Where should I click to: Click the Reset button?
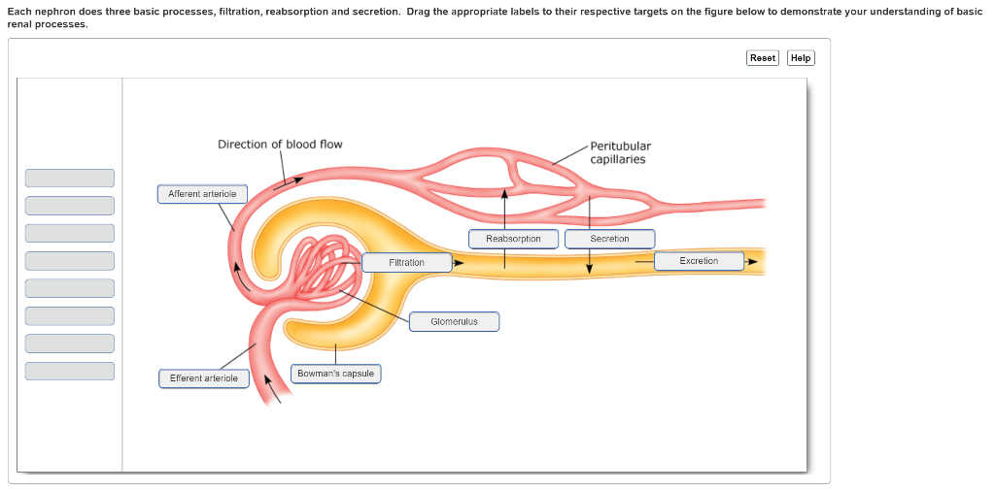coord(763,58)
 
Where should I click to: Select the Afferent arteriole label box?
coord(202,194)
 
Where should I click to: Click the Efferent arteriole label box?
coord(203,378)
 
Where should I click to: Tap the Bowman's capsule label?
coord(335,374)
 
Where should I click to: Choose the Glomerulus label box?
coord(454,321)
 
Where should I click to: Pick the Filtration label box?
coord(406,263)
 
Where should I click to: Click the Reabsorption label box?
coord(513,239)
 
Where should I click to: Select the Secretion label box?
coord(609,239)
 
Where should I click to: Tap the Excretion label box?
coord(699,261)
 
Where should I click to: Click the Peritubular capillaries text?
coord(620,152)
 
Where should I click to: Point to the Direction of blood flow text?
coord(280,145)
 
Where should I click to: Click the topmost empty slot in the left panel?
coord(69,178)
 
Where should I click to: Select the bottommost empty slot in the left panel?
coord(69,371)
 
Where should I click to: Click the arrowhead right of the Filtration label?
coord(458,262)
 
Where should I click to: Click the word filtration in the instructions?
coord(239,11)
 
